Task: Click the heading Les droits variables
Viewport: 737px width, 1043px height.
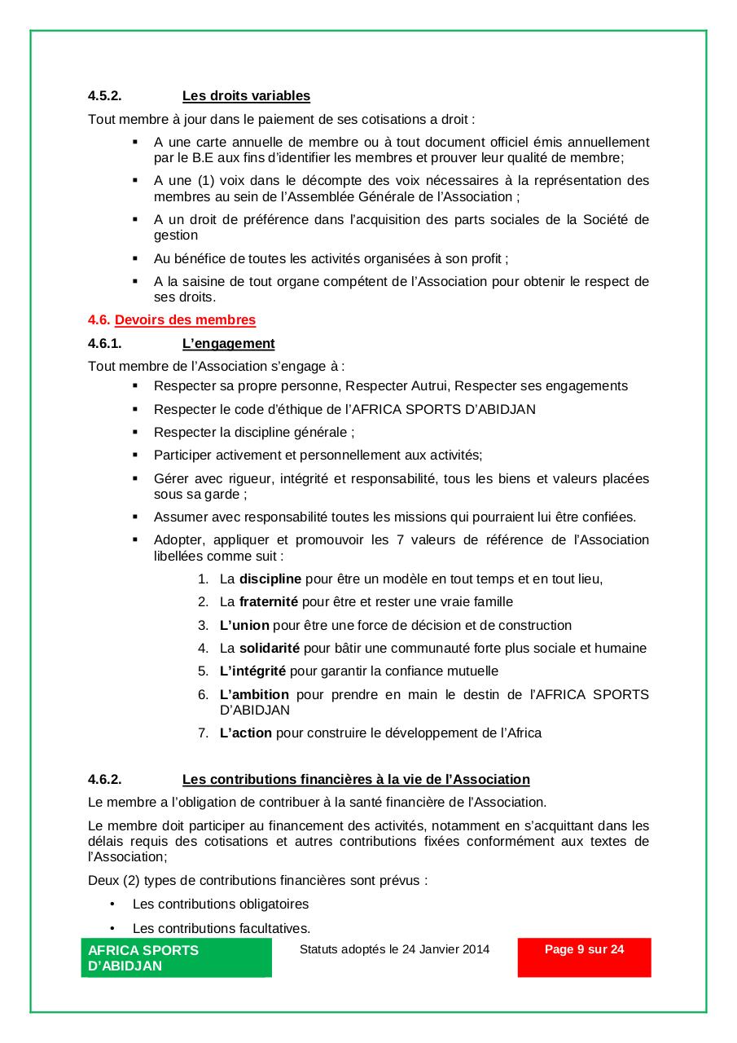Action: click(x=246, y=96)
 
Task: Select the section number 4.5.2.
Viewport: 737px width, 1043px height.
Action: click(x=105, y=96)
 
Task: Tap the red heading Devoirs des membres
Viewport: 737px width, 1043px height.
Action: click(x=185, y=320)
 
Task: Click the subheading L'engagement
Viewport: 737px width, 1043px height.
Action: click(x=228, y=344)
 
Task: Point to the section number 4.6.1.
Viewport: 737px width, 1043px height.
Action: click(x=105, y=344)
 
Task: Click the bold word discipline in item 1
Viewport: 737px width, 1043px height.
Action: click(x=270, y=579)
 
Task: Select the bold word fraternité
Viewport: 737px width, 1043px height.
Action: click(x=269, y=602)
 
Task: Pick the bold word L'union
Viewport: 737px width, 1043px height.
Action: click(x=244, y=626)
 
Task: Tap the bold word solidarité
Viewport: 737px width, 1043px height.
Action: click(x=270, y=649)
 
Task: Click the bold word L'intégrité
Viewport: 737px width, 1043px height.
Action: click(x=252, y=671)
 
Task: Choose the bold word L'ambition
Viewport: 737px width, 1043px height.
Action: click(x=254, y=695)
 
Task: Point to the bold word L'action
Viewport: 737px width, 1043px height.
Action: click(x=246, y=733)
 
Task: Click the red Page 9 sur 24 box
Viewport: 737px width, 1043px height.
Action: click(x=584, y=957)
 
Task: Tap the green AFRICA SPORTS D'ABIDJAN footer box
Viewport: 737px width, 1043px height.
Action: click(x=176, y=957)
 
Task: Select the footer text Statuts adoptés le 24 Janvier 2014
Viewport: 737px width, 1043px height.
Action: click(x=394, y=949)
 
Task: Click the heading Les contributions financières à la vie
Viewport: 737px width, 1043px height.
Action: click(x=356, y=780)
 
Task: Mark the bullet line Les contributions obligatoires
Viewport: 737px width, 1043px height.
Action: click(x=221, y=904)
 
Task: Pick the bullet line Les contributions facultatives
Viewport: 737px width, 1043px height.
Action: click(x=222, y=928)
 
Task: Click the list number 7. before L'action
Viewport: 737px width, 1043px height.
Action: click(x=204, y=733)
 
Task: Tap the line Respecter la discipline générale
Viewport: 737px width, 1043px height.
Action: click(x=253, y=433)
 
